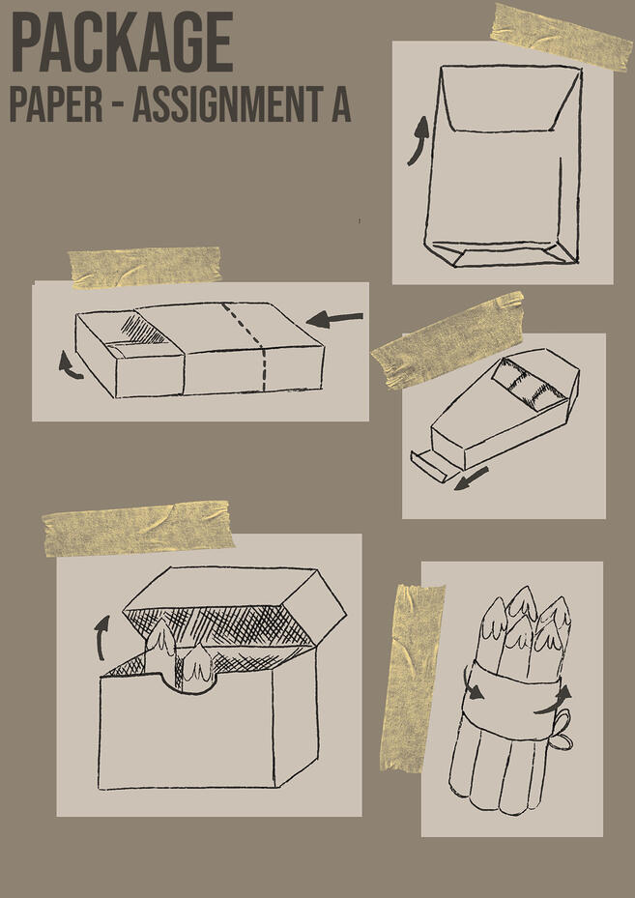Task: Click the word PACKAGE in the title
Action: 122,43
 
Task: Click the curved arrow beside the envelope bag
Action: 418,140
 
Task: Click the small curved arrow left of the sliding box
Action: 69,364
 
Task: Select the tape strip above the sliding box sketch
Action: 145,266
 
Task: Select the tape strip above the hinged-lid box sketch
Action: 138,529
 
